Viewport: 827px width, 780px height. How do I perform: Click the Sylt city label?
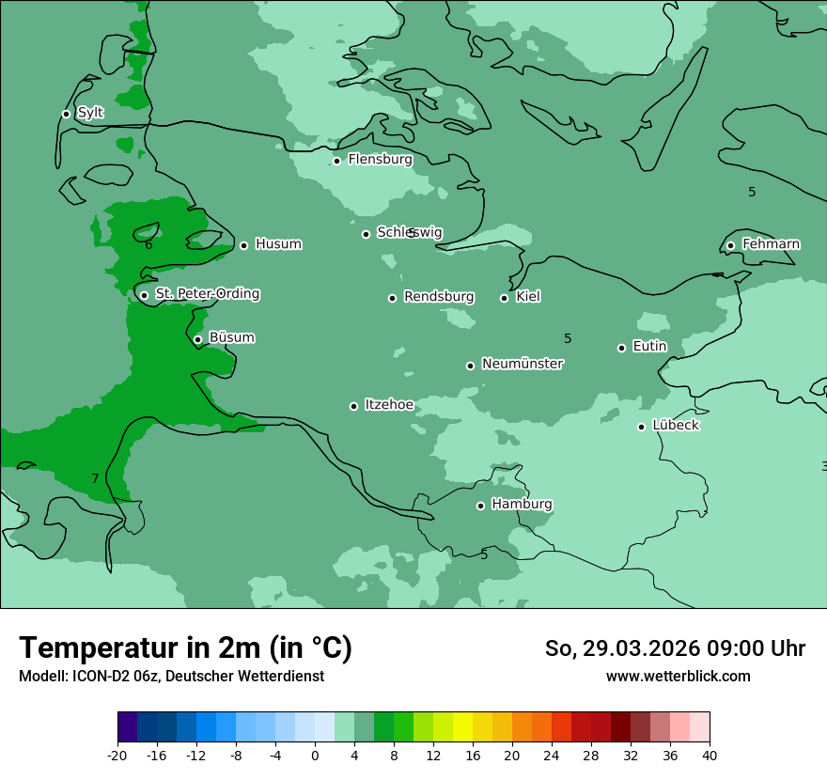90,113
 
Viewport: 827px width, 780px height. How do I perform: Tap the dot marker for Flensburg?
336,161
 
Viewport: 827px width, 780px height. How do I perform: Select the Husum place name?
278,244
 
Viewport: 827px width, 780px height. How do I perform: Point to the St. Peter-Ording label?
207,294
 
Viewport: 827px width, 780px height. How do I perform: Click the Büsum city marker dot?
197,339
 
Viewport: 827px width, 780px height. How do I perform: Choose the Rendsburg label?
439,297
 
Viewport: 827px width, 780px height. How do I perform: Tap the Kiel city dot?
504,298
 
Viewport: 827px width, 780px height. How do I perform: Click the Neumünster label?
523,364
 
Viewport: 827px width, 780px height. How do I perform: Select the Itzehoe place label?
389,405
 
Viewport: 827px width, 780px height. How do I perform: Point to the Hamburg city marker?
480,506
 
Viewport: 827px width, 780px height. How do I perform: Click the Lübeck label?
675,426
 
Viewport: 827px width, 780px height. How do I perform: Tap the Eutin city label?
649,347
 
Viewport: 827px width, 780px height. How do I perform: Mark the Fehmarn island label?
771,244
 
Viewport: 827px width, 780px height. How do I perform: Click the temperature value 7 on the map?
95,479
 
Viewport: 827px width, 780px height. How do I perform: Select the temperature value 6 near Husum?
148,245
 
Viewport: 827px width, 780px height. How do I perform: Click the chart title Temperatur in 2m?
185,647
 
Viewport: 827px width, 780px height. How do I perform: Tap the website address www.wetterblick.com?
678,677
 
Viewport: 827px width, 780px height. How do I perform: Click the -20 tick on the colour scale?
117,756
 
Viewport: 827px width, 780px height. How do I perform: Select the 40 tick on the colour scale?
710,756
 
